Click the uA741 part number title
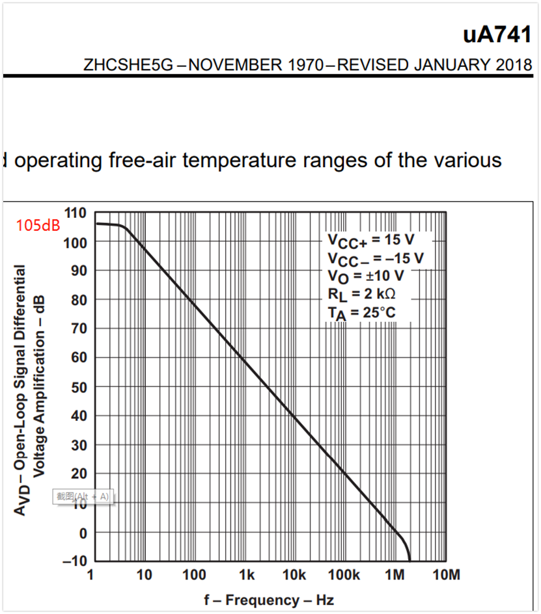(497, 35)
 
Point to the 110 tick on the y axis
(76, 213)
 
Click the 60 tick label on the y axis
(79, 357)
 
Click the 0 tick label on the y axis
(82, 533)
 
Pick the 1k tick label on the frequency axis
(246, 575)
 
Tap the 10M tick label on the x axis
(446, 575)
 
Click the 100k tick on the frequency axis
(344, 575)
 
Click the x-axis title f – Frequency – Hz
(268, 600)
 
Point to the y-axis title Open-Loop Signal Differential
(21, 390)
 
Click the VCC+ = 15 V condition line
(370, 240)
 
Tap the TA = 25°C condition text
(361, 312)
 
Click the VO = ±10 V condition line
(365, 276)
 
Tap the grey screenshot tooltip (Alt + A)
(83, 497)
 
